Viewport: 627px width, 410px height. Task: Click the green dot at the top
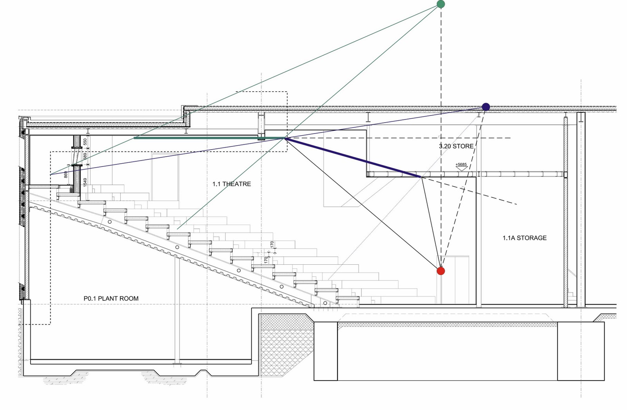click(440, 4)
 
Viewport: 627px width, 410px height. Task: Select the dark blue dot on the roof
click(486, 107)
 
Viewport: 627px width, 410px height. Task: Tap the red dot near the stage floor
click(441, 271)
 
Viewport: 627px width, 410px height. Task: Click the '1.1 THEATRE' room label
click(232, 184)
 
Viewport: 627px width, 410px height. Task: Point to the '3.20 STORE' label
click(456, 146)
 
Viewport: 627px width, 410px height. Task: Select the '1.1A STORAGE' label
click(524, 238)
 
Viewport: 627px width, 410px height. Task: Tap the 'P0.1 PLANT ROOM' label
click(111, 298)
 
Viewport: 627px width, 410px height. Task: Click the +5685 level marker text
click(461, 164)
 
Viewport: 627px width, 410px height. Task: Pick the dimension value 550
click(85, 142)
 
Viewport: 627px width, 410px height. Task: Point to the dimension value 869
click(66, 174)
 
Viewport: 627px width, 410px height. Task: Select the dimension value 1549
click(85, 182)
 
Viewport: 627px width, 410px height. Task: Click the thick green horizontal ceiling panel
click(196, 138)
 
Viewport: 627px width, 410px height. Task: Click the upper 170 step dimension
click(272, 245)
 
